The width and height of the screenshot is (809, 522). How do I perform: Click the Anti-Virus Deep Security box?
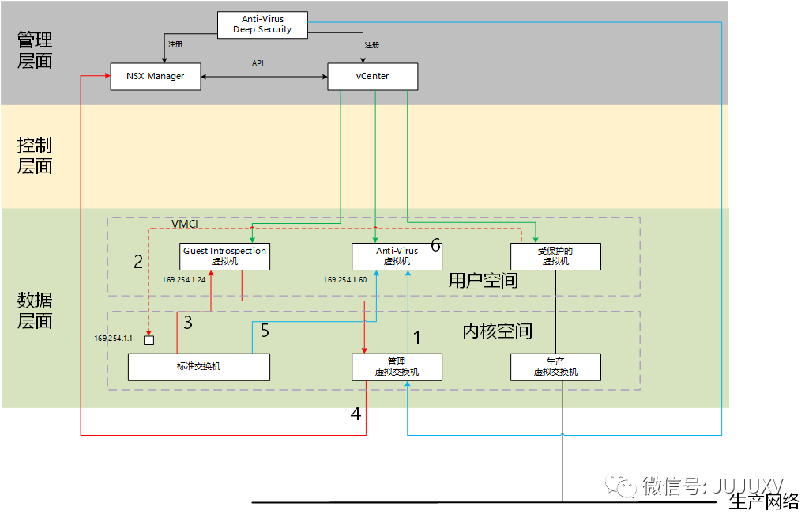(262, 24)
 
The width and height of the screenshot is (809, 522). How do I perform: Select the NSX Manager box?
(155, 77)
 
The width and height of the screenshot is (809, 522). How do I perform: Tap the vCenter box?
(372, 77)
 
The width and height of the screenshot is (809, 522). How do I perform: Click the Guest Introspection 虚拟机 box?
(225, 255)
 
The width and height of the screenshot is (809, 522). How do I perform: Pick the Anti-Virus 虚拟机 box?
(397, 255)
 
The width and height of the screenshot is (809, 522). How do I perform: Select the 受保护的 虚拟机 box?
(555, 255)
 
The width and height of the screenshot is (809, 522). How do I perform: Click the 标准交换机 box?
(199, 367)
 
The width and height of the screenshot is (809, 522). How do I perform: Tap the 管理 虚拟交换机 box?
(397, 367)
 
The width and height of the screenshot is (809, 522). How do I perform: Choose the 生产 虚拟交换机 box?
(555, 367)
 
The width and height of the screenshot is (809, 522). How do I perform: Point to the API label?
(258, 62)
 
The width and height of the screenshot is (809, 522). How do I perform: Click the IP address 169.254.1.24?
(184, 279)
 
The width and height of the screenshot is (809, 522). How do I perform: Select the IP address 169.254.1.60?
(344, 279)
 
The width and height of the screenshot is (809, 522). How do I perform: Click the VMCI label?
(185, 224)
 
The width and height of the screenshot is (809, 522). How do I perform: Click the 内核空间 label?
(497, 331)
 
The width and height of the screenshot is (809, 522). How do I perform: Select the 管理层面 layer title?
(35, 51)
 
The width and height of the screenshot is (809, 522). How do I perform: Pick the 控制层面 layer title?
(35, 156)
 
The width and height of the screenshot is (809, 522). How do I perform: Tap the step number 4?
(356, 414)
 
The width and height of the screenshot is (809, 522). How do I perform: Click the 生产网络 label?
(764, 501)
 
